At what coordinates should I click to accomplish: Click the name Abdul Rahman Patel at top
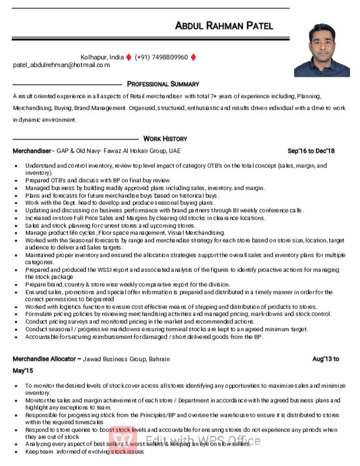tap(224, 25)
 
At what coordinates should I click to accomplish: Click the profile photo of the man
tap(322, 50)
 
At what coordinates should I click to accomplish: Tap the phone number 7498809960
tap(167, 57)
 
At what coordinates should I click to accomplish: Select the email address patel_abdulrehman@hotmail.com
tap(61, 65)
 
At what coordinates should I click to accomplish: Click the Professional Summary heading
tap(163, 84)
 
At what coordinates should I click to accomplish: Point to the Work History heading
tap(165, 139)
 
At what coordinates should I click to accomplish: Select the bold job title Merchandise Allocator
tap(44, 359)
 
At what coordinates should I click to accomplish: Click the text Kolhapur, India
tap(102, 57)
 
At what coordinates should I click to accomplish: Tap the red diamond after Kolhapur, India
tap(129, 57)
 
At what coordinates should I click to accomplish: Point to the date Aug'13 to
tap(325, 359)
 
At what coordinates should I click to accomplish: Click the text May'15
tap(23, 371)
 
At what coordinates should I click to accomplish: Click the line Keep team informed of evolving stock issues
tap(85, 452)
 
